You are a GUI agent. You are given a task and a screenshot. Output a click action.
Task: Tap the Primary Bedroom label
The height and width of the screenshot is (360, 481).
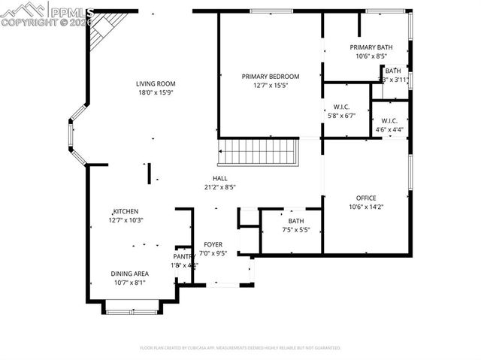click(271, 76)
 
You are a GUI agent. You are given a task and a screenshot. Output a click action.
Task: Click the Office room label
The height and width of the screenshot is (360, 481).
click(366, 198)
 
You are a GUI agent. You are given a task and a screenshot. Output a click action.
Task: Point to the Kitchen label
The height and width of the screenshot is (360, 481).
click(126, 211)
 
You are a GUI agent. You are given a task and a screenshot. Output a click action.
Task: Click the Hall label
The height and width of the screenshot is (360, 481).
click(219, 179)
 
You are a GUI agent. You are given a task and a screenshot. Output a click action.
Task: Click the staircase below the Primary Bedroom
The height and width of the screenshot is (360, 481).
click(259, 153)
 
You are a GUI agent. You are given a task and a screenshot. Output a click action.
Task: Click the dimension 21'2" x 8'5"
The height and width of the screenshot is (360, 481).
click(219, 188)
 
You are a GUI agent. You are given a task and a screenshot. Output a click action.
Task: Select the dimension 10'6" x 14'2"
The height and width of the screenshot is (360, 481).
click(366, 207)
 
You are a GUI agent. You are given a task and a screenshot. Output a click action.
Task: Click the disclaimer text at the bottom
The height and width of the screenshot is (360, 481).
click(240, 348)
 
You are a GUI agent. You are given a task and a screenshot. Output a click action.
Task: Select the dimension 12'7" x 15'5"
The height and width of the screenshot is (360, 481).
click(271, 86)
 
